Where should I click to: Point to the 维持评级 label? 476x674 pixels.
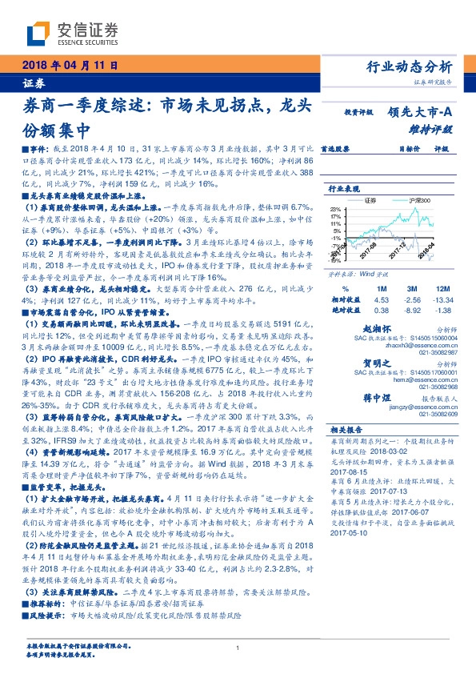point(436,128)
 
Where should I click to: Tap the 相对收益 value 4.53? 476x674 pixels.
point(381,299)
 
